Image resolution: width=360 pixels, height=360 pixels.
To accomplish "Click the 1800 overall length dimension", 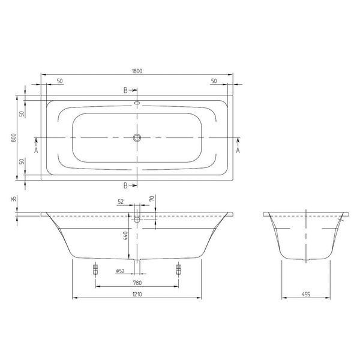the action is pyautogui.click(x=137, y=71).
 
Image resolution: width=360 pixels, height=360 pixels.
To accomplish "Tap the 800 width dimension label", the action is pyautogui.click(x=14, y=138).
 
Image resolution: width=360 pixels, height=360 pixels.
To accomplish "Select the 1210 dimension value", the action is pyautogui.click(x=137, y=294).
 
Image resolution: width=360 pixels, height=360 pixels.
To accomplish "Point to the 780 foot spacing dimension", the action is pyautogui.click(x=137, y=283).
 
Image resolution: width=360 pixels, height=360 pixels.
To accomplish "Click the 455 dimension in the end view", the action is pyautogui.click(x=306, y=294).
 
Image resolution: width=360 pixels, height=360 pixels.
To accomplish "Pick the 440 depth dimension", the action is pyautogui.click(x=125, y=236).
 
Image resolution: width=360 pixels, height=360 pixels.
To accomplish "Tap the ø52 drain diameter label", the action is pyautogui.click(x=120, y=271).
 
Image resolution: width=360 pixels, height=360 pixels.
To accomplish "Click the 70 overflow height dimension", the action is pyautogui.click(x=152, y=198).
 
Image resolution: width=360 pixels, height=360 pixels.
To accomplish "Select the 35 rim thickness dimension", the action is pyautogui.click(x=14, y=199).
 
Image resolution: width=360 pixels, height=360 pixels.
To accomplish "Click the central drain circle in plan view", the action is pyautogui.click(x=137, y=138).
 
